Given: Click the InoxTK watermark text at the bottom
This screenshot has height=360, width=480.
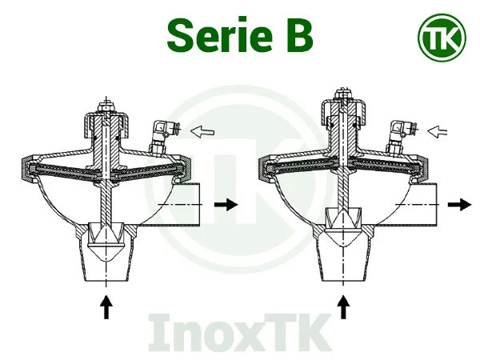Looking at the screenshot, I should click(x=240, y=331).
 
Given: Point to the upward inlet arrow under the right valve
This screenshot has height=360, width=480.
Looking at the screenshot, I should click(x=345, y=306).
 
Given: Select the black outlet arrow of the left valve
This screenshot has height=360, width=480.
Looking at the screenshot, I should click(x=227, y=205).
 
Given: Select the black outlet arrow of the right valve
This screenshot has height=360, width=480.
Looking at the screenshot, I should click(x=459, y=205).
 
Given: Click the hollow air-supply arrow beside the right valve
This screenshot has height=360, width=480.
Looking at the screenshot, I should click(x=441, y=129).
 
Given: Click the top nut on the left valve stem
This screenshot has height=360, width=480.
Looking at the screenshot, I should click(x=105, y=106).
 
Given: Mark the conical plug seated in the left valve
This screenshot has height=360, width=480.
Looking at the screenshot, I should click(x=105, y=237).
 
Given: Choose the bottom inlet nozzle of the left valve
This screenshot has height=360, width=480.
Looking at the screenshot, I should click(x=105, y=264).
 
